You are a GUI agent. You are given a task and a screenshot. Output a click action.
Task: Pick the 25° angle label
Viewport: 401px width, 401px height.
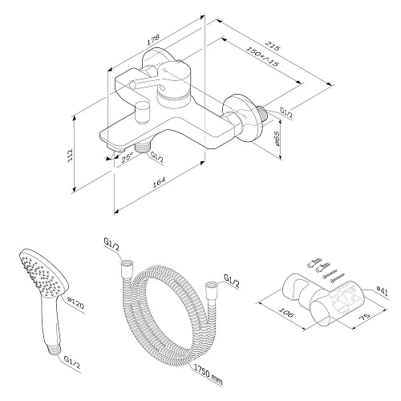pyautogui.click(x=126, y=157)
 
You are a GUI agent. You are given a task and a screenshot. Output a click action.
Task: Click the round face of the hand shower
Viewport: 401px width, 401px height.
pyautogui.click(x=38, y=276)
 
